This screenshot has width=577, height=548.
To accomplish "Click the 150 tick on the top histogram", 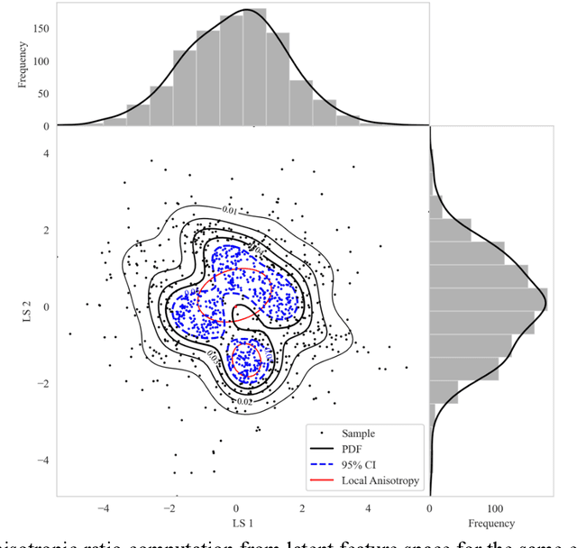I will (41, 28).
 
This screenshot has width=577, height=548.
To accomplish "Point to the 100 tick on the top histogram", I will (41, 60).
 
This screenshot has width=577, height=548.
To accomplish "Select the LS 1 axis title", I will (234, 524).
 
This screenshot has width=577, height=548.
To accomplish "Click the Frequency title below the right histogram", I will (491, 524).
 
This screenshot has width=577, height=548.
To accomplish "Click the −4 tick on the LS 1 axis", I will (102, 507).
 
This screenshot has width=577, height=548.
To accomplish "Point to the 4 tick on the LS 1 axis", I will (369, 507).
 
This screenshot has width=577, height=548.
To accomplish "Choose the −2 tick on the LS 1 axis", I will (169, 507).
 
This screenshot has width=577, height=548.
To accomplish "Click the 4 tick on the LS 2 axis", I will (44, 153).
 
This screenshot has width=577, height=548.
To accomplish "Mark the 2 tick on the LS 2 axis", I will (44, 230).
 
